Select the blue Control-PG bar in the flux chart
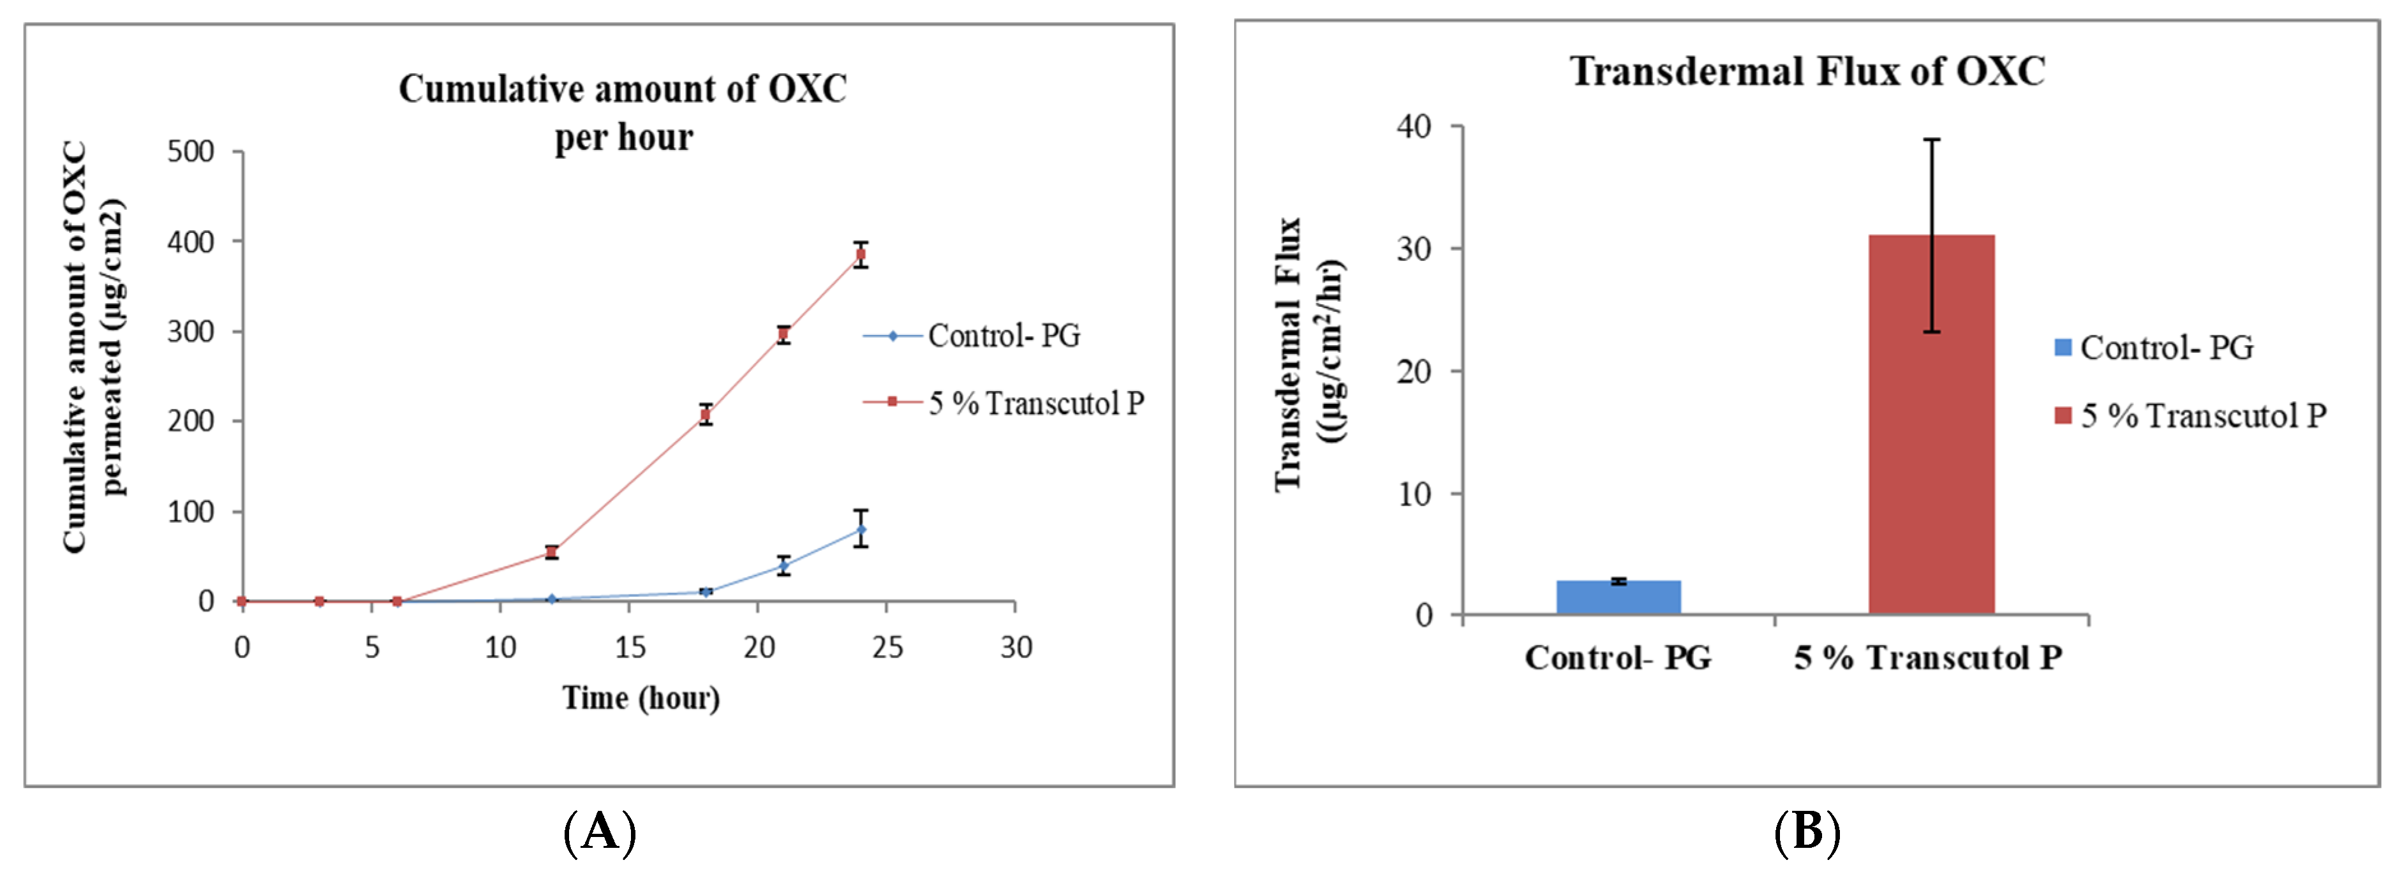tap(1618, 597)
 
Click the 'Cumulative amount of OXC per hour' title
tap(623, 112)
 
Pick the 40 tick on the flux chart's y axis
tap(1414, 126)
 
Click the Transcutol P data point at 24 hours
tap(861, 254)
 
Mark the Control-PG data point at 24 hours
tap(861, 530)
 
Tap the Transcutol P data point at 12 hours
tap(551, 552)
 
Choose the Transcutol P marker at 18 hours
tap(706, 414)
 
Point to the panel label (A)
tap(600, 830)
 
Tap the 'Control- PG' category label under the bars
tap(1618, 658)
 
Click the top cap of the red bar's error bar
tap(1931, 140)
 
